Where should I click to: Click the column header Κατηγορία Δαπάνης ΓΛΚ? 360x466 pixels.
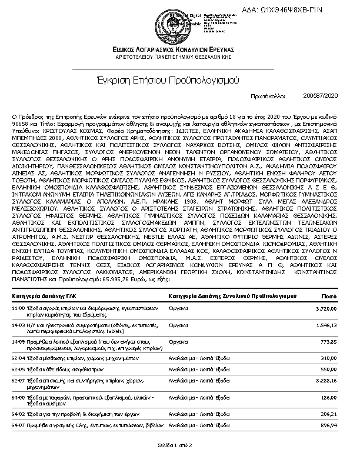(44, 295)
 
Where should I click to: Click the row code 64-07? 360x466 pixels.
(18, 424)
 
